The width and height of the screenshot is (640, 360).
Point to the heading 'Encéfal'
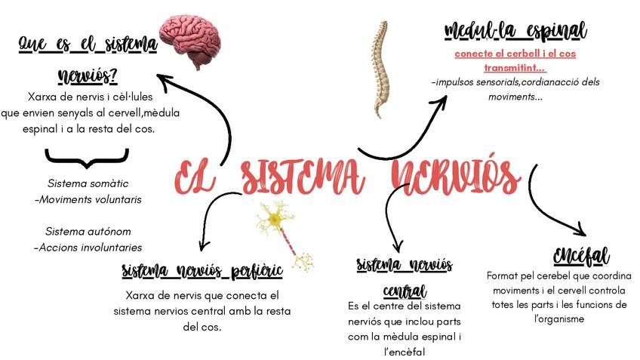coord(580,255)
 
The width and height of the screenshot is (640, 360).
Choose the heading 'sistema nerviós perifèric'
coord(202,270)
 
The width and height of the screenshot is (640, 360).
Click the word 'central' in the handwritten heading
coord(405,291)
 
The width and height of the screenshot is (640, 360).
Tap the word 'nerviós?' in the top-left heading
coord(88,77)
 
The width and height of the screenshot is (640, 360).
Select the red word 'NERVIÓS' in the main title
coord(457,177)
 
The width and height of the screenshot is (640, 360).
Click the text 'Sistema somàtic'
coord(88,183)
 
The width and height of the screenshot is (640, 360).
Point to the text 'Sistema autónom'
coord(88,231)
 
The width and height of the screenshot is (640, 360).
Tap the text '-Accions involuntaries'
coord(88,247)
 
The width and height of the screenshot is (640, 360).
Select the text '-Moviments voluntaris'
coord(88,199)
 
